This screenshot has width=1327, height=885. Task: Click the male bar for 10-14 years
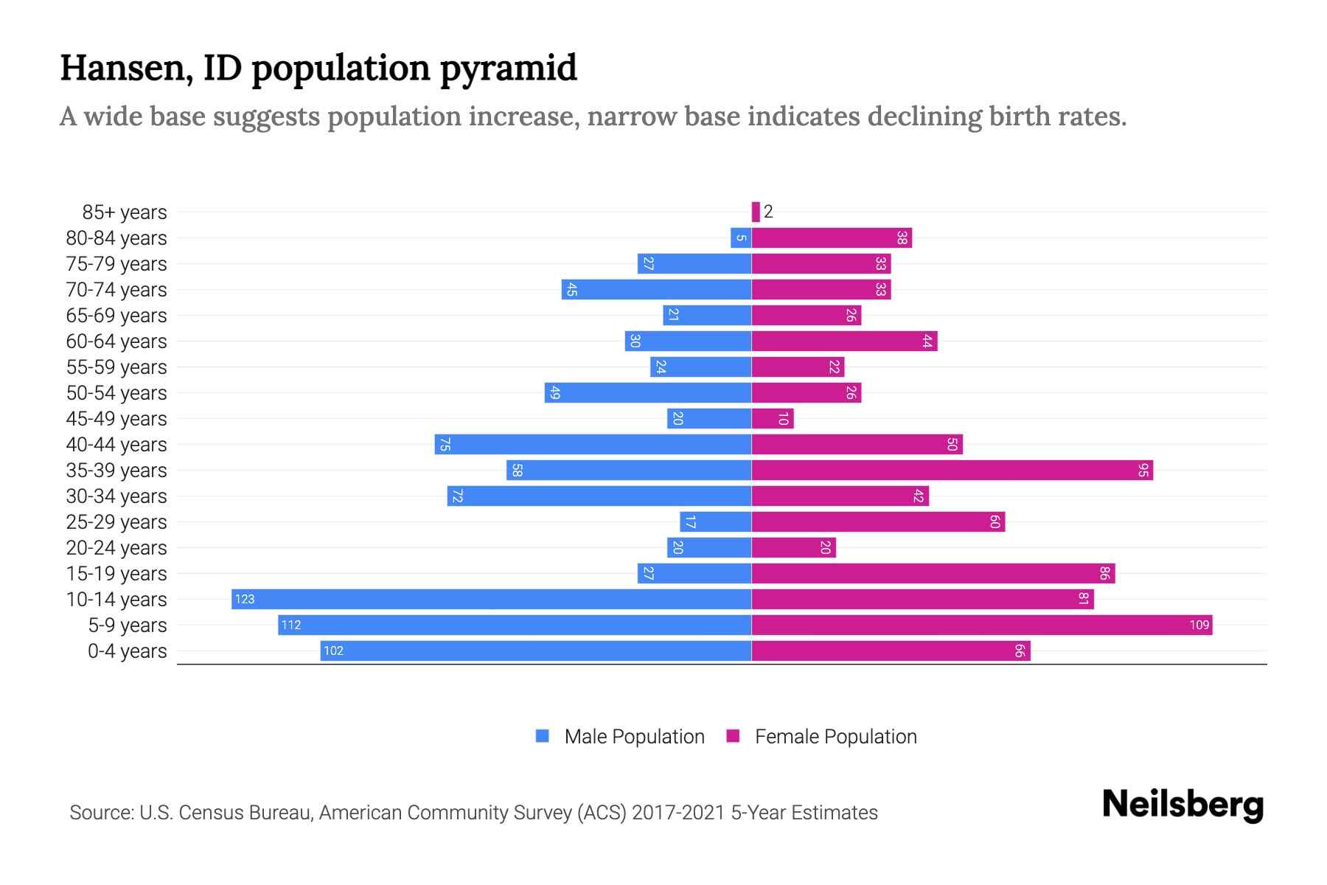click(x=491, y=599)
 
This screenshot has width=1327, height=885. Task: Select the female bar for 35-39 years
click(x=952, y=470)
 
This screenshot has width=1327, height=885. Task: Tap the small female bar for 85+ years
click(x=756, y=212)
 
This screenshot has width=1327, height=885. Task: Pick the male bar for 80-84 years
click(x=741, y=237)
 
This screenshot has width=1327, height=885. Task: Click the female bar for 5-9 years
click(x=981, y=625)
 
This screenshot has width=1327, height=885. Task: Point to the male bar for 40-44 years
click(x=593, y=444)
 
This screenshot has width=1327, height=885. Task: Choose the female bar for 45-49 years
click(x=773, y=418)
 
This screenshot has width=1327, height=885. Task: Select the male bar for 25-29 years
click(x=715, y=521)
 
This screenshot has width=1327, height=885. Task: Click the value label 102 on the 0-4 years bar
click(x=333, y=650)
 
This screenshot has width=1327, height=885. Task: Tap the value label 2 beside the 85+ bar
click(x=768, y=212)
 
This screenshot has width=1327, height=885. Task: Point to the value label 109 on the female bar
click(x=1199, y=625)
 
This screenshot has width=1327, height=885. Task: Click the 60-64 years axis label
click(x=116, y=341)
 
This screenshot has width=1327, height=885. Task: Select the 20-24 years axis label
click(x=116, y=547)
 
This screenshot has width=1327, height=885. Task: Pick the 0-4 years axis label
click(x=127, y=650)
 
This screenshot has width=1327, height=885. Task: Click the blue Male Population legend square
click(x=543, y=736)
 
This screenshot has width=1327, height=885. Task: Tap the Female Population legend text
click(x=835, y=736)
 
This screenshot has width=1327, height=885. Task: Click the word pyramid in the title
click(x=508, y=69)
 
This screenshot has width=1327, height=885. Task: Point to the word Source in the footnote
click(x=101, y=812)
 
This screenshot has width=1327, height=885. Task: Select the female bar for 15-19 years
click(x=933, y=573)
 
